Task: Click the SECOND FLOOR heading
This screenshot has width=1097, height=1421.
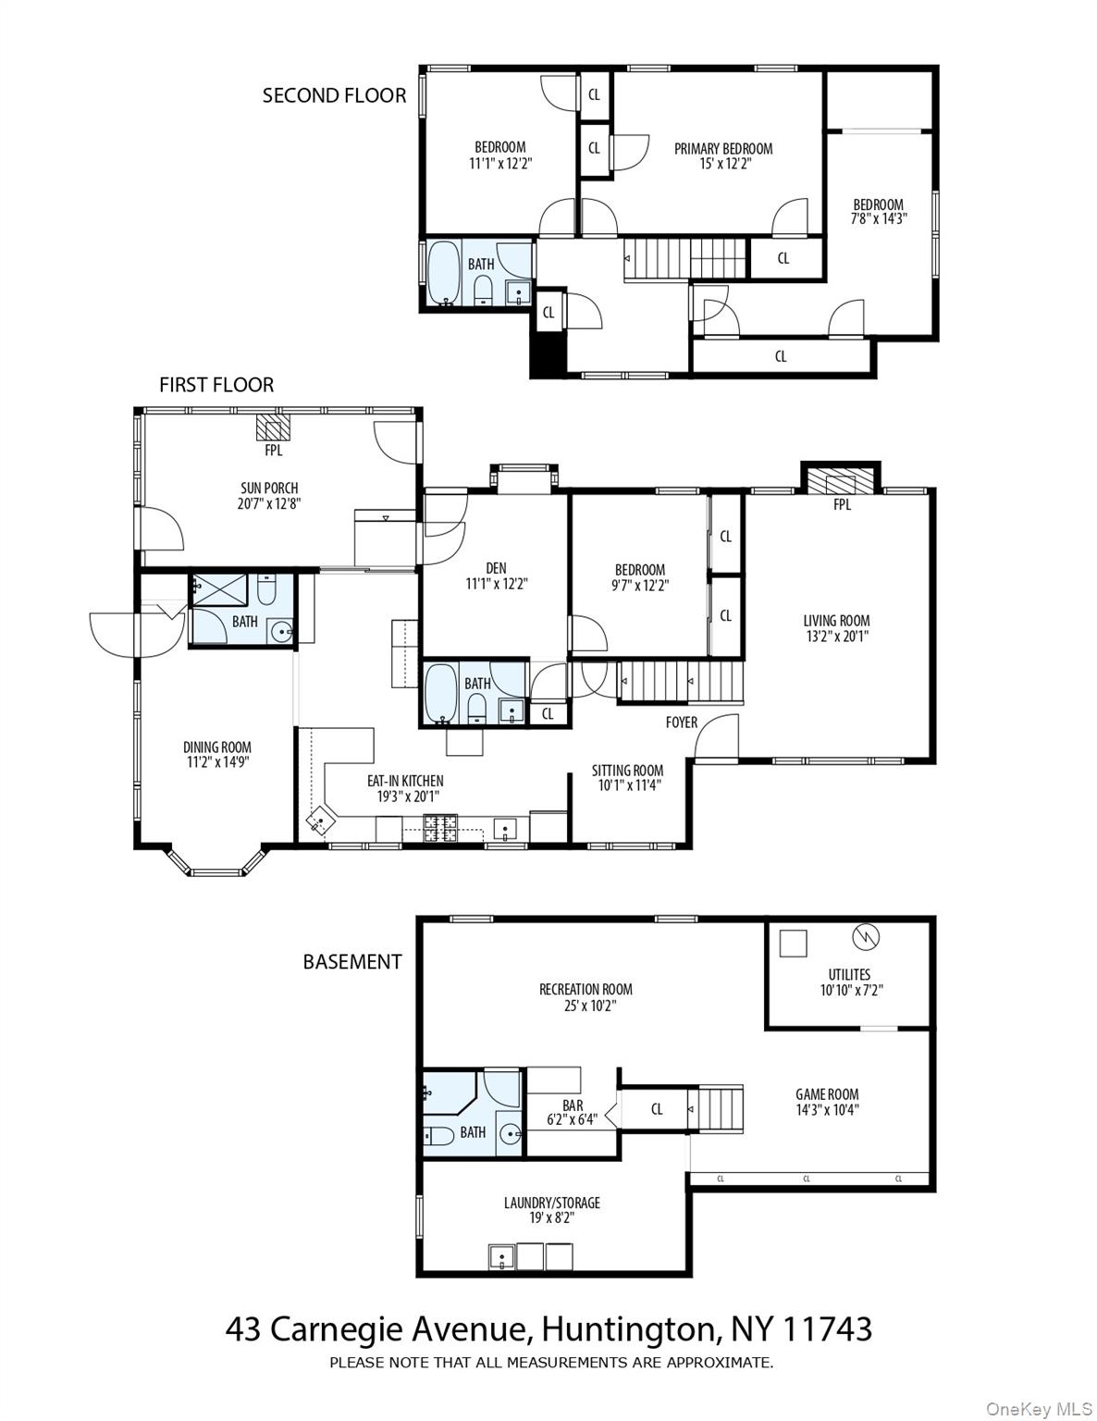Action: click(x=334, y=95)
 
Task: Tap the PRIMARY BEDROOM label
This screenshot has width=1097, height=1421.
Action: click(x=722, y=148)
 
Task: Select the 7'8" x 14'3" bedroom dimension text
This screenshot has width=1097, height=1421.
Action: click(x=878, y=219)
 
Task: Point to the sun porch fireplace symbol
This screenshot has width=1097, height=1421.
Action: click(x=273, y=427)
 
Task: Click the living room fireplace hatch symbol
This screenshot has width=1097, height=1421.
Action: click(x=840, y=482)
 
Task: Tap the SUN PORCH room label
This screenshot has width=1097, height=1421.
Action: click(x=269, y=488)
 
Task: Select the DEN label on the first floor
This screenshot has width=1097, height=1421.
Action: click(x=496, y=569)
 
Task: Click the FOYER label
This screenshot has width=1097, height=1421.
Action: click(x=682, y=722)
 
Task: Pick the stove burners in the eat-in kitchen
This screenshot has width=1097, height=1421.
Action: click(x=440, y=827)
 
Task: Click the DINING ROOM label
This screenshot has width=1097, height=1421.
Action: click(x=216, y=747)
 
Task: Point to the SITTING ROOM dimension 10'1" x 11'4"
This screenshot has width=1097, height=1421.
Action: click(x=627, y=785)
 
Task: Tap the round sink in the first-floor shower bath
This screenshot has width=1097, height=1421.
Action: click(x=281, y=633)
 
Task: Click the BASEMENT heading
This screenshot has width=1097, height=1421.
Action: click(x=352, y=962)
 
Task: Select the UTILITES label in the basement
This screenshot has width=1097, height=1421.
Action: click(x=848, y=974)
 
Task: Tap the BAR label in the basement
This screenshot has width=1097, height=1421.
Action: click(x=573, y=1105)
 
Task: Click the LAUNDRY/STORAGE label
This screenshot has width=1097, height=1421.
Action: click(x=551, y=1203)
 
